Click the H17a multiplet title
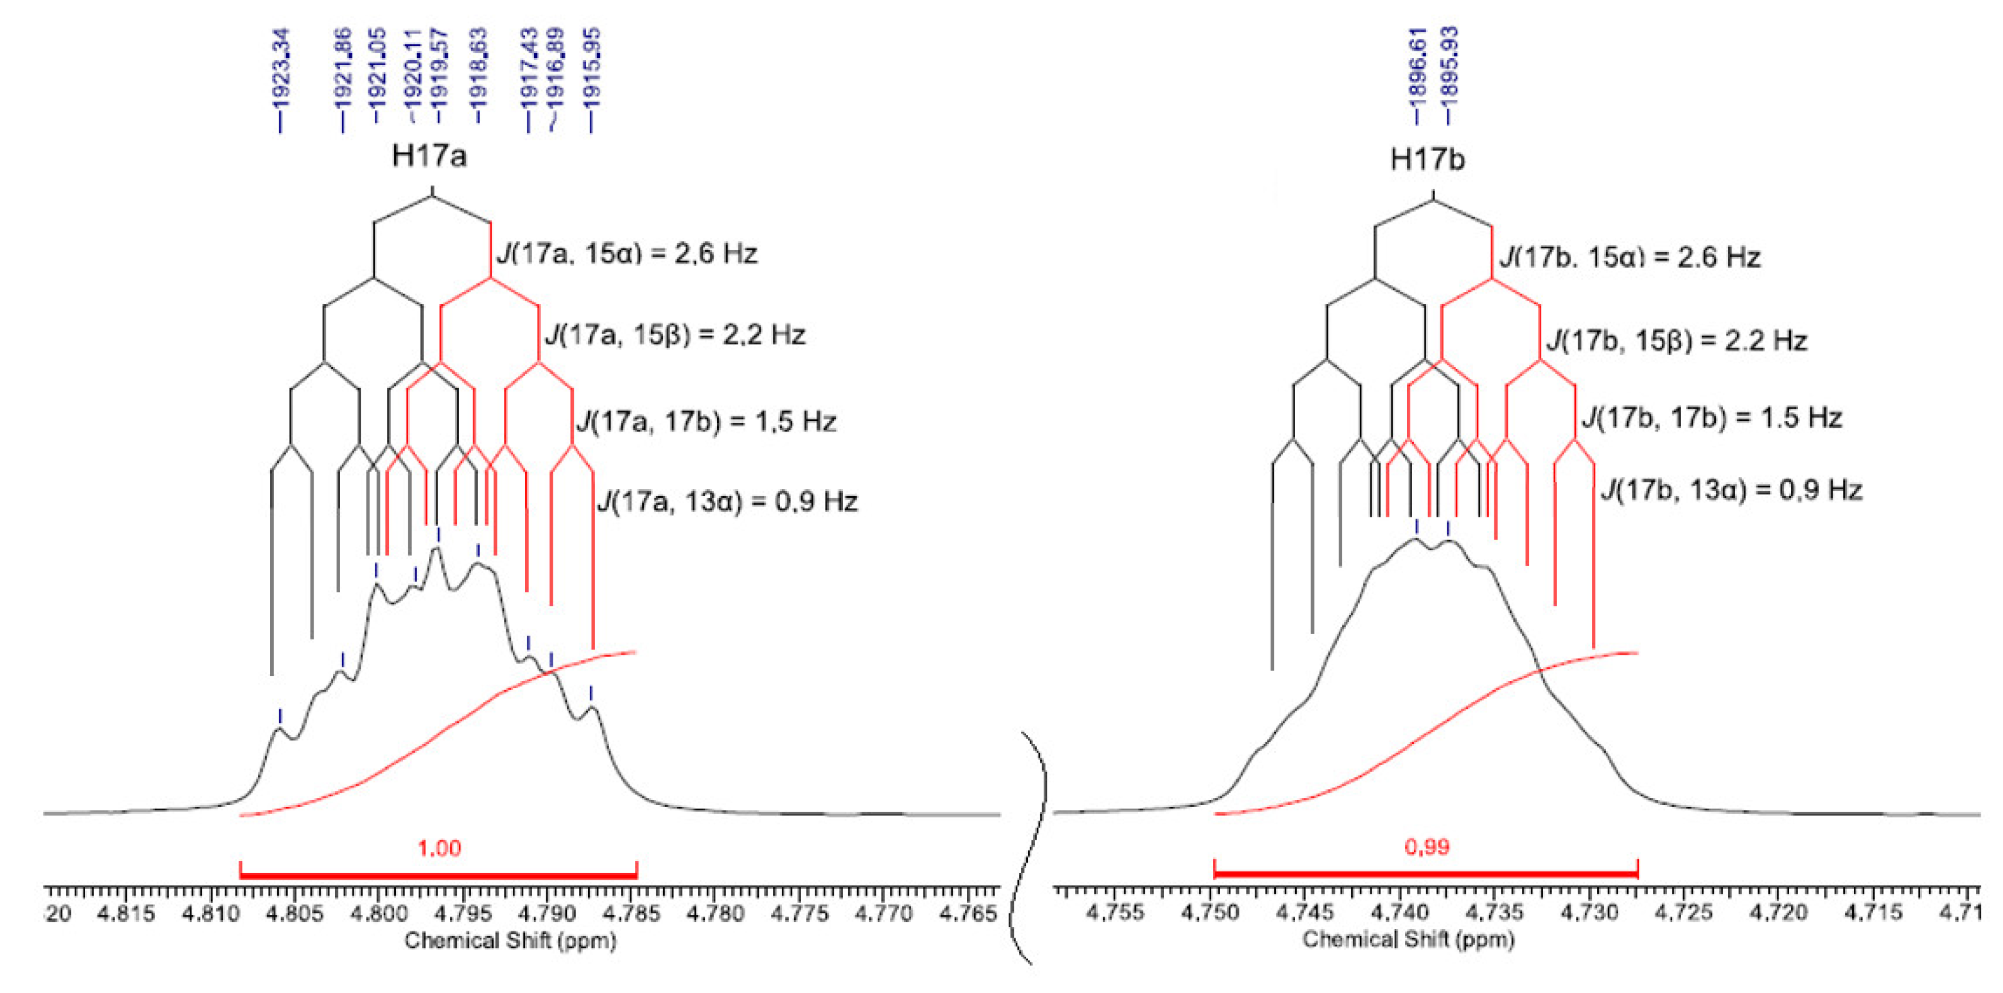coord(429,156)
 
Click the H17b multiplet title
coord(1427,159)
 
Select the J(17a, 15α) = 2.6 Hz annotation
coord(627,254)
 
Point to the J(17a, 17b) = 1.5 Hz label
coord(706,422)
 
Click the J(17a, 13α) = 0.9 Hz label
coord(727,501)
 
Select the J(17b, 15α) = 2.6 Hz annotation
coord(1630,257)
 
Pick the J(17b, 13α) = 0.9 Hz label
coord(1731,490)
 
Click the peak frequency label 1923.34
coord(280,70)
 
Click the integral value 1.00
coord(439,847)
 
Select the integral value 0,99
coord(1427,846)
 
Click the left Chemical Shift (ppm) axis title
coord(510,941)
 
